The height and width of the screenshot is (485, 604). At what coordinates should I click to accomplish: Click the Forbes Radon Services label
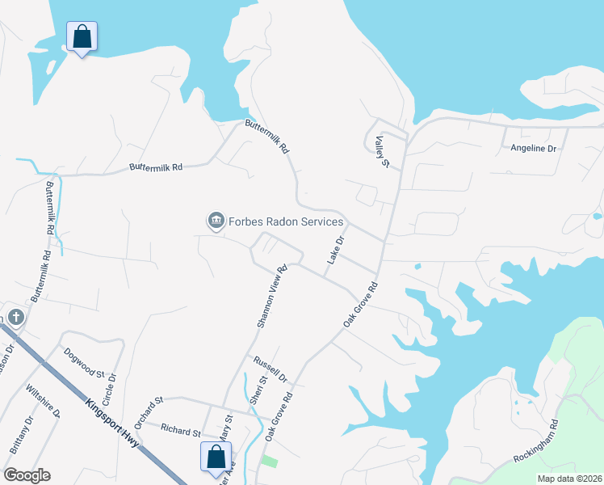287,221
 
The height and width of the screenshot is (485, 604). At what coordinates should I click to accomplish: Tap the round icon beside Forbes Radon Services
216,221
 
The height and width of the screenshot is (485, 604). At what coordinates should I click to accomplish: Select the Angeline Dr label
534,149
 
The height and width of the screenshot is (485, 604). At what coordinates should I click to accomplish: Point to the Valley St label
376,151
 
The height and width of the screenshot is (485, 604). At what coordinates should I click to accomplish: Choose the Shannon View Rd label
271,297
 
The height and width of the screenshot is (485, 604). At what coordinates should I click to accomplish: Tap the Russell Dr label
270,369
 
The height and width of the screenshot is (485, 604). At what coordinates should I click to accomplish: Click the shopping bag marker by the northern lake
81,36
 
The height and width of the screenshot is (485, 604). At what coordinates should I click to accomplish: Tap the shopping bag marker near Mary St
216,457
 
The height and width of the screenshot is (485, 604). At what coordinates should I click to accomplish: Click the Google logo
27,475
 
